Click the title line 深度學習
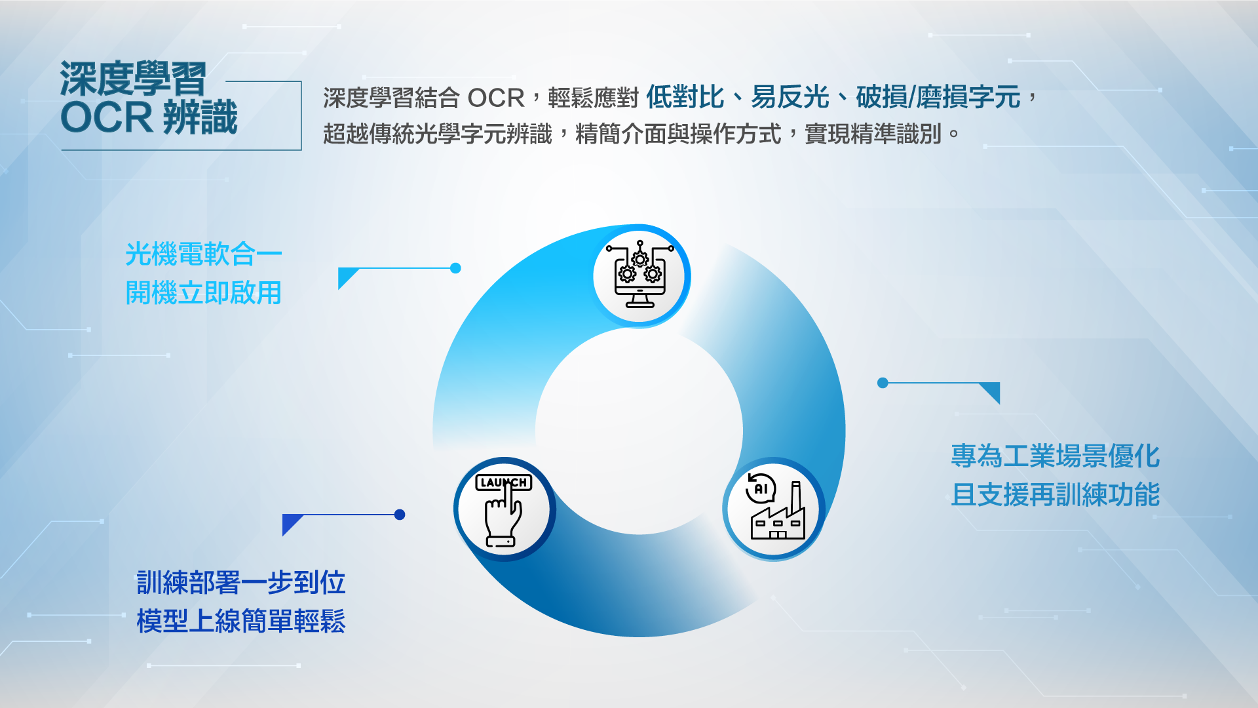click(x=133, y=79)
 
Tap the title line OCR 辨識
click(x=149, y=117)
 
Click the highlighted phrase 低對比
click(x=685, y=97)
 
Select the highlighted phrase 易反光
click(x=790, y=97)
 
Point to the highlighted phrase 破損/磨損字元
click(x=938, y=97)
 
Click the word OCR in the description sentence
click(x=496, y=98)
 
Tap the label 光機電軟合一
click(x=203, y=254)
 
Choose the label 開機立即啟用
click(x=203, y=292)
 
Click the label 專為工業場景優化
click(x=1055, y=456)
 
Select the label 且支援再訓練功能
click(x=1055, y=494)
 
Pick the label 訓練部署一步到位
click(x=240, y=582)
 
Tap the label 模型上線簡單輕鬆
click(x=240, y=621)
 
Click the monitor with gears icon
click(x=639, y=275)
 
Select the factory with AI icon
click(x=775, y=507)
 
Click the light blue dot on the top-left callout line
click(x=456, y=268)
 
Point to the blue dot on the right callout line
click(x=883, y=383)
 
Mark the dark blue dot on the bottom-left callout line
click(x=400, y=515)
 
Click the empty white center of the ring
click(x=639, y=431)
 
